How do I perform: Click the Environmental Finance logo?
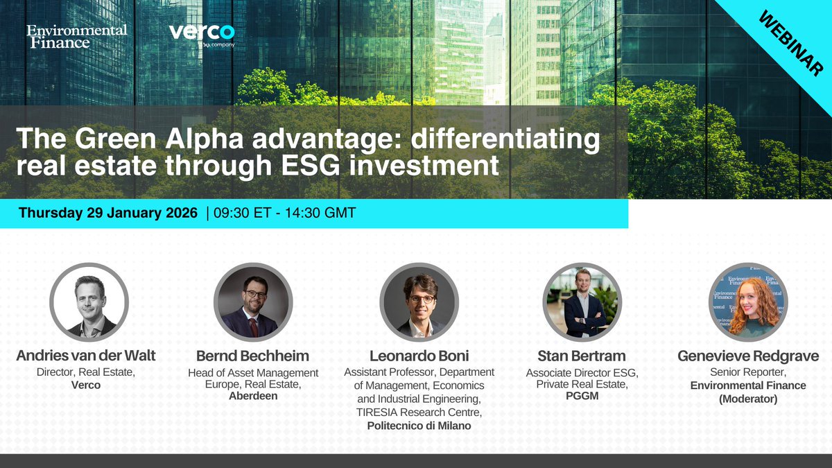pyautogui.click(x=77, y=36)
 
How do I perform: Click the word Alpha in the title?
pyautogui.click(x=201, y=140)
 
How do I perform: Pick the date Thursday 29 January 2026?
pyautogui.click(x=108, y=213)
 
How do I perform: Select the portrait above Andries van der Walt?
pyautogui.click(x=89, y=302)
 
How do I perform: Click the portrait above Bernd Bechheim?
pyautogui.click(x=253, y=302)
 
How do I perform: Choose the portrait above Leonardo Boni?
pyautogui.click(x=418, y=302)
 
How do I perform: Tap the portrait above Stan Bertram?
pyautogui.click(x=582, y=302)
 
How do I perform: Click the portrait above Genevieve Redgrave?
pyautogui.click(x=748, y=302)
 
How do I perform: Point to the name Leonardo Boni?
pyautogui.click(x=419, y=356)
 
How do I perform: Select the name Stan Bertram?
pyautogui.click(x=582, y=356)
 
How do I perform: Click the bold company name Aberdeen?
pyautogui.click(x=253, y=396)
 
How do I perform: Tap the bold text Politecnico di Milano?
pyautogui.click(x=419, y=425)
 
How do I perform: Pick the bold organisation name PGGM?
pyautogui.click(x=582, y=396)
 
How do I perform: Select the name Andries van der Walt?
pyautogui.click(x=86, y=356)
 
